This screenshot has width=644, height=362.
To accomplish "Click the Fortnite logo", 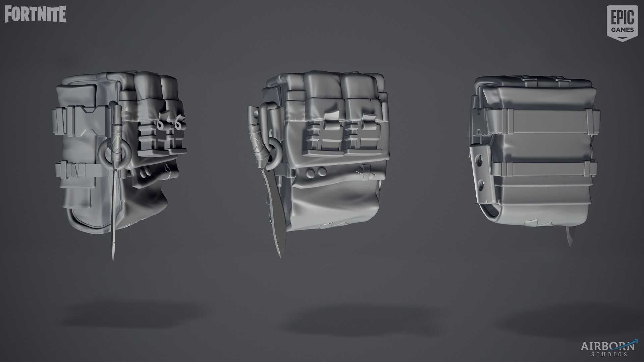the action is [x=35, y=14].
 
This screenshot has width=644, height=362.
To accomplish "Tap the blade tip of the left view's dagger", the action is [x=113, y=260].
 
